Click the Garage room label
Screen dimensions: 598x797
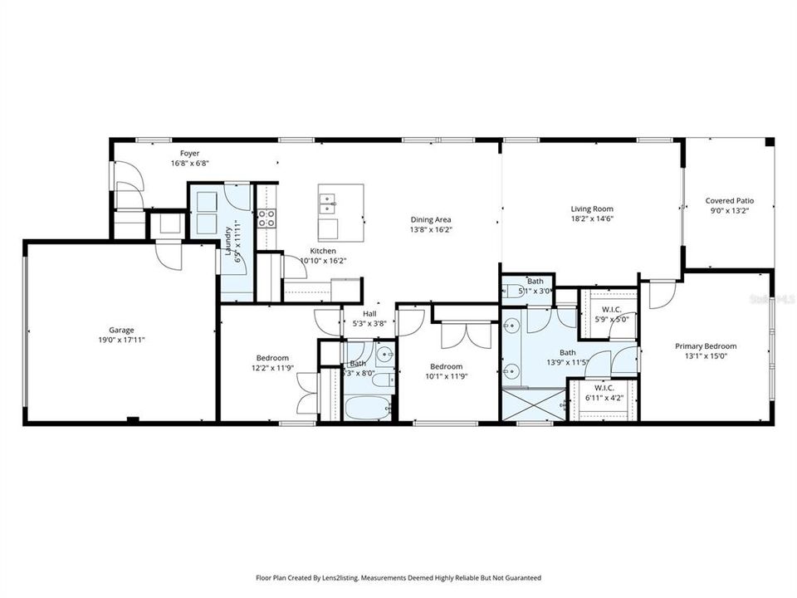(121, 330)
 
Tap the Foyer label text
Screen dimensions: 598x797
(189, 154)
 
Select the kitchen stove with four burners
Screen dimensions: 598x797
(266, 218)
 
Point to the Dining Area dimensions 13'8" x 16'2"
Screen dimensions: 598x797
(431, 229)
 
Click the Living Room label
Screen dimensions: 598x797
(591, 209)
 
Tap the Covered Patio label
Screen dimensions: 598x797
(729, 200)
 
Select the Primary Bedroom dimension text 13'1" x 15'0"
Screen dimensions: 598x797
(705, 357)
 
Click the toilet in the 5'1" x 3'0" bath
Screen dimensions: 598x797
(510, 291)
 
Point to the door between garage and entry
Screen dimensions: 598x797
(168, 255)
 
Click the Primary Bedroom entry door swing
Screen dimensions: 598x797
(663, 293)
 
